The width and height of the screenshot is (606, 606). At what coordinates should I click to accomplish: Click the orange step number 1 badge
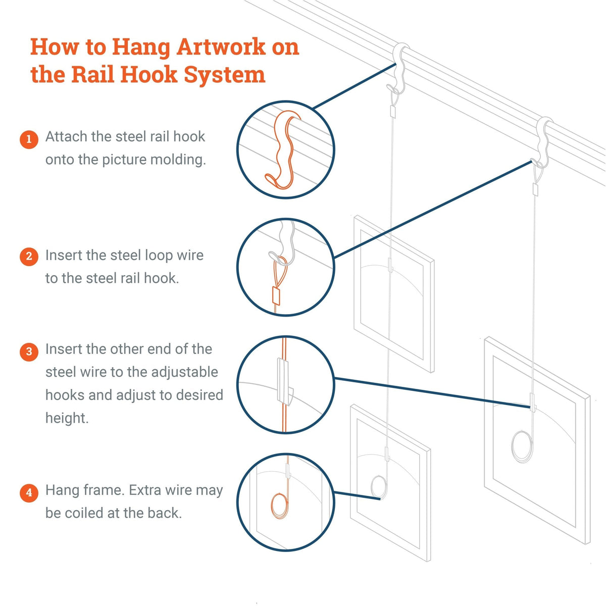tap(29, 139)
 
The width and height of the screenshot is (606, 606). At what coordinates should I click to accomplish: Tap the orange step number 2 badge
tap(29, 257)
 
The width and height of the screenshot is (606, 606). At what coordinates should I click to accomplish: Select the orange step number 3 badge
tap(29, 351)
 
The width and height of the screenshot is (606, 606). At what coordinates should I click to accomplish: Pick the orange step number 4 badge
tap(29, 492)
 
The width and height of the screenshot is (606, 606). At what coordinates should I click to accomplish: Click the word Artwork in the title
tap(221, 47)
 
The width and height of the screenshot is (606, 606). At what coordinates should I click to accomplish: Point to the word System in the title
tap(224, 74)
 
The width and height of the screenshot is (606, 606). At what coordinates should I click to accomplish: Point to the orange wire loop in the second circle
tap(281, 263)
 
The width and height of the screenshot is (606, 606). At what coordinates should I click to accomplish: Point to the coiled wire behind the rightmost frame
tap(522, 444)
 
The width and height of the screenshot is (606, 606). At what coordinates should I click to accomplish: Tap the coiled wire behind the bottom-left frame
tap(379, 487)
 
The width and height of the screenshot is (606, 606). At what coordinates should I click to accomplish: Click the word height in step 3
tap(67, 418)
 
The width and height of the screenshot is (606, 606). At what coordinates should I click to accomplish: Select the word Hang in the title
tap(140, 47)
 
